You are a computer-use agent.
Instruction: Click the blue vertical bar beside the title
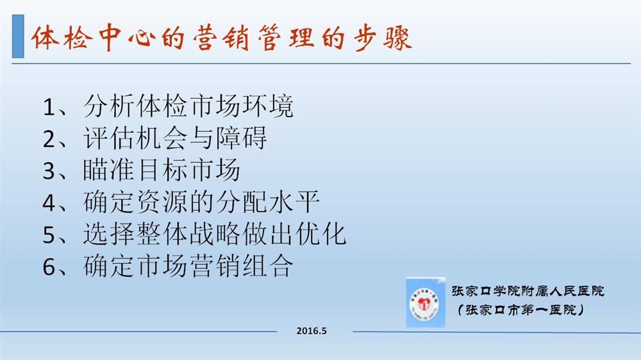(18, 37)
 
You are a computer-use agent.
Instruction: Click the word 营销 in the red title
(221, 38)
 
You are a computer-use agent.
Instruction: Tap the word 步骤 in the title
(383, 38)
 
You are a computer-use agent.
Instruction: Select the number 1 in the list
(49, 107)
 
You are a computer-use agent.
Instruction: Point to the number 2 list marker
(49, 140)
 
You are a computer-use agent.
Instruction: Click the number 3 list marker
(49, 171)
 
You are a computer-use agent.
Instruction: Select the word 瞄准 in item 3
(109, 170)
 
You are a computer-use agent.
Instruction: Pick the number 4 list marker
(49, 202)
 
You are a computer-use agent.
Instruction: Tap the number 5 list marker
(49, 235)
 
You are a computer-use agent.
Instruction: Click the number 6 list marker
(49, 266)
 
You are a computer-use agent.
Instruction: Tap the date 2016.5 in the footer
(312, 331)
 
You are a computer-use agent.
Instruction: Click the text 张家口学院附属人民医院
(528, 291)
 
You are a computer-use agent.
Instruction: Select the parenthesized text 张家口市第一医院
(520, 310)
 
